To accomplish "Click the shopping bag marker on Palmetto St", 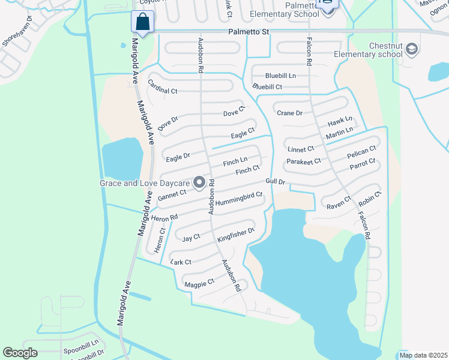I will (x=143, y=22).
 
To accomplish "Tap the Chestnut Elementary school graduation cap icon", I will (x=412, y=49).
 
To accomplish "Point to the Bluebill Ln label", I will (x=281, y=76).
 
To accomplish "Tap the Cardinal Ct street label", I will (x=163, y=86).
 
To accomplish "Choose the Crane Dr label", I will (x=289, y=113).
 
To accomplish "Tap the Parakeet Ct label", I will (x=304, y=161).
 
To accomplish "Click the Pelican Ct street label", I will (x=361, y=152).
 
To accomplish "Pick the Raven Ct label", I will (x=339, y=203).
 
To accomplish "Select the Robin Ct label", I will (x=370, y=198).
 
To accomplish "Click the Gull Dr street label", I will (x=275, y=182).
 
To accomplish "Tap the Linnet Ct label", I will (x=301, y=149).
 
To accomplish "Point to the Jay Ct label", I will (x=191, y=238).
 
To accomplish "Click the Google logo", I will (x=20, y=353).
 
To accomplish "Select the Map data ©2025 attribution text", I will (x=423, y=355).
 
